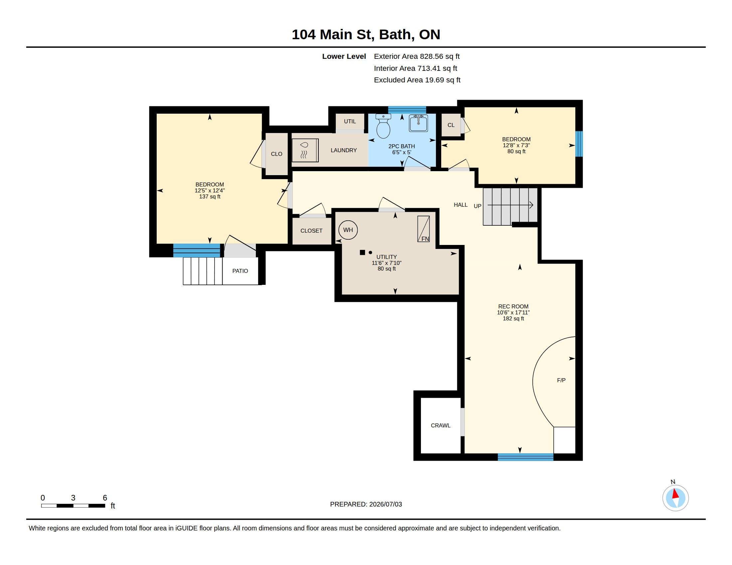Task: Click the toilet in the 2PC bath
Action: point(383,126)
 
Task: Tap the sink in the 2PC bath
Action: point(418,123)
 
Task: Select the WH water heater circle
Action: point(348,230)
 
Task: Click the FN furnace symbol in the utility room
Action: point(423,229)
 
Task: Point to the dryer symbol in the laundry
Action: point(305,150)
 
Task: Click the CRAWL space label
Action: point(441,425)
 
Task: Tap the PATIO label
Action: point(240,271)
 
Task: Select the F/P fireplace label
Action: point(561,380)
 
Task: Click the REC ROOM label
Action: point(513,306)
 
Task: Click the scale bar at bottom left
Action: point(73,506)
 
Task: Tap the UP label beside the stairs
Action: point(477,206)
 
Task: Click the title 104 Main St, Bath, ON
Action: point(366,35)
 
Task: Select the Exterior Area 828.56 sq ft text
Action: point(417,56)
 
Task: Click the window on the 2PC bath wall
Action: point(407,110)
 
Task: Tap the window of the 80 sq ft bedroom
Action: point(579,144)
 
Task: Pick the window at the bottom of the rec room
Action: point(525,457)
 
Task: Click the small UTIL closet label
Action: point(350,121)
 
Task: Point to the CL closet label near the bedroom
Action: point(451,125)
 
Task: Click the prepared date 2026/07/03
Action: point(385,504)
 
